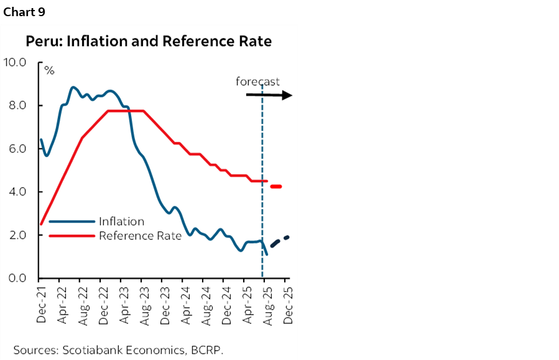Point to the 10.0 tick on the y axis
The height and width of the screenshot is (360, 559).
15,62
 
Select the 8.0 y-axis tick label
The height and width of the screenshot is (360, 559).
16,106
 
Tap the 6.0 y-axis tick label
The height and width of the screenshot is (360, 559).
16,149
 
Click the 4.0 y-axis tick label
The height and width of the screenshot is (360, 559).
16,192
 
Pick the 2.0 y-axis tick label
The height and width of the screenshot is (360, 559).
16,235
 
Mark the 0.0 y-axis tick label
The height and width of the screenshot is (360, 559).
16,278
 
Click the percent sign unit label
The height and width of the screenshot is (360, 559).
49,71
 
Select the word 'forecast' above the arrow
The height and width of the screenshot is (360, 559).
257,81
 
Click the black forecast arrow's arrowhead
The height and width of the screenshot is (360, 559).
288,95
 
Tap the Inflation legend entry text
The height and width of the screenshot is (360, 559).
121,221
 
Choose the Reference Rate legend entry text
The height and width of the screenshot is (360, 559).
140,236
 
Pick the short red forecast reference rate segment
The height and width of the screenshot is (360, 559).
276,187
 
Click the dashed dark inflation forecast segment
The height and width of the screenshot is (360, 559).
279,241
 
